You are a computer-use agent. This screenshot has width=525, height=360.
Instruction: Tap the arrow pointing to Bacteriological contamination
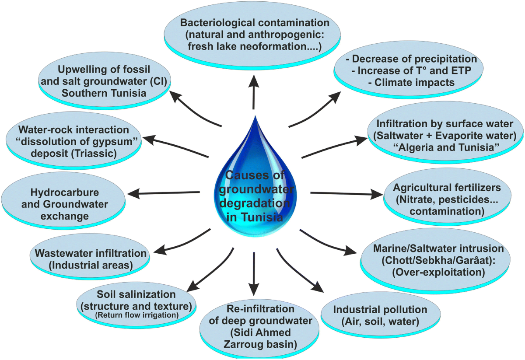click(x=254, y=92)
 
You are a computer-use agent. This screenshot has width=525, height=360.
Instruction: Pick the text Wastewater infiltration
click(x=91, y=253)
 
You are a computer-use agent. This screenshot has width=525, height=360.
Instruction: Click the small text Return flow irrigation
click(x=136, y=315)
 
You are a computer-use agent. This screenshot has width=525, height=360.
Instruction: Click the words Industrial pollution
click(x=380, y=310)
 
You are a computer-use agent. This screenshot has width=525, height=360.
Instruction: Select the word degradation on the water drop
click(x=255, y=204)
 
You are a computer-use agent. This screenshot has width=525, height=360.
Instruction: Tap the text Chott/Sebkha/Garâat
click(x=429, y=261)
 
